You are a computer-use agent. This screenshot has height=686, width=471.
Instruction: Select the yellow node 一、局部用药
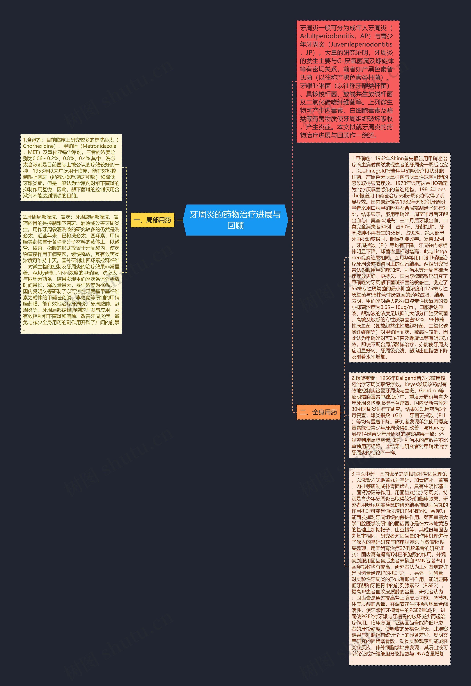tap(152, 220)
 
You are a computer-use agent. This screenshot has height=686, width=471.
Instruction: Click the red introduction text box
tap(348, 82)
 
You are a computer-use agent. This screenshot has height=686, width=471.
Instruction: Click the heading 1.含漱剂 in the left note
tap(33, 140)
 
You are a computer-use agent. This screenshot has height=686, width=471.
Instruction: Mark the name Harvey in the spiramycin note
tap(436, 428)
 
